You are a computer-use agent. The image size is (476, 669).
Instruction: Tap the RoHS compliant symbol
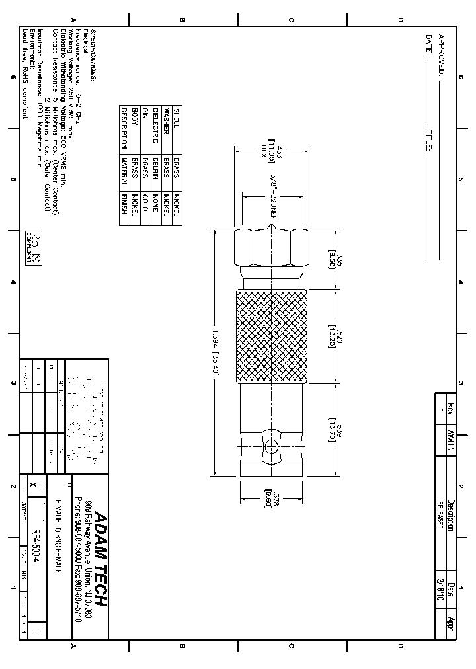(34, 248)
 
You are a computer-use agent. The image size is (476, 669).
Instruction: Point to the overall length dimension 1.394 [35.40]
(216, 353)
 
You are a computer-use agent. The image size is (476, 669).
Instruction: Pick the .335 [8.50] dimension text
(337, 262)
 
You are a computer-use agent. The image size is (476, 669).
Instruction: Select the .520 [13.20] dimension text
(337, 336)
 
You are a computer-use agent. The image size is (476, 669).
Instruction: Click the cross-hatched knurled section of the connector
(272, 336)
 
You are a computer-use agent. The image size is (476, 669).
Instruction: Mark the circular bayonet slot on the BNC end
(272, 447)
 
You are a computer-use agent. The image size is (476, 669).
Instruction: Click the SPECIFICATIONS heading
(94, 55)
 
